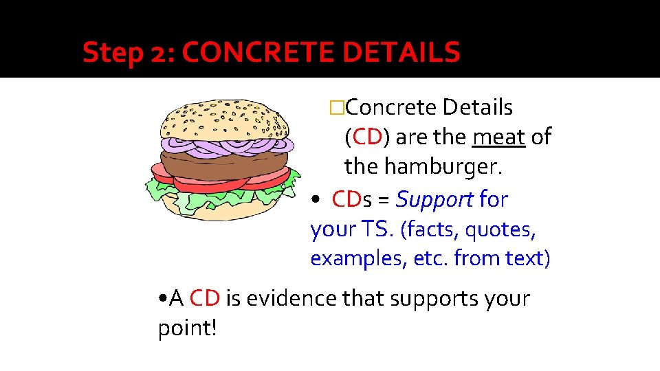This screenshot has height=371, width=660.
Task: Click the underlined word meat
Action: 499,137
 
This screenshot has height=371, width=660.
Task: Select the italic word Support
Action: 434,200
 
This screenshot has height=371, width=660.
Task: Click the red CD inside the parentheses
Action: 366,137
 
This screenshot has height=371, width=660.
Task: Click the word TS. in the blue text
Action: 377,229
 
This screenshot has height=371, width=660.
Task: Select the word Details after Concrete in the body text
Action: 478,108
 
